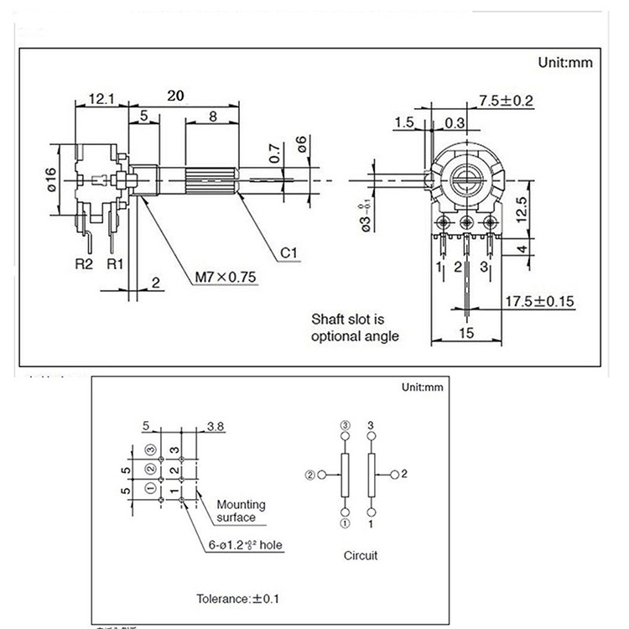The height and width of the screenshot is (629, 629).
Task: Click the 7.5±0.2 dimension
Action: (x=507, y=101)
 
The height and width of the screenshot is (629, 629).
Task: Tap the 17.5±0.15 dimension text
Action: (x=538, y=300)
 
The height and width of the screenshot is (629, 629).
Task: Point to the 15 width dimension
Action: (x=467, y=332)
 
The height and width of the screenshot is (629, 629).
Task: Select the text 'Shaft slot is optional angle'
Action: (x=355, y=328)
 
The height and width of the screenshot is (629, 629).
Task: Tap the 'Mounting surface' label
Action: (x=241, y=511)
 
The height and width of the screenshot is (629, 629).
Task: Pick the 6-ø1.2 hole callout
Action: (x=246, y=545)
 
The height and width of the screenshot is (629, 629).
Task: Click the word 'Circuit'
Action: (x=361, y=555)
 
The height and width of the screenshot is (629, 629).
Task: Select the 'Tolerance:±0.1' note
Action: (x=239, y=600)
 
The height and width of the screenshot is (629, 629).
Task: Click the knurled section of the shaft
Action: (x=205, y=181)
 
